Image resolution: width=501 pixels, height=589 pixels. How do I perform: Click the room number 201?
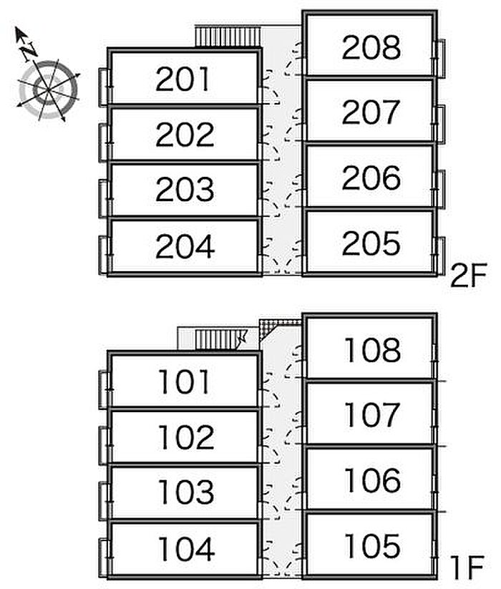(183, 79)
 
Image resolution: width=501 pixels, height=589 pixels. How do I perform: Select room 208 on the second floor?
(371, 47)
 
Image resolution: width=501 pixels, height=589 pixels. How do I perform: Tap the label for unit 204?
(185, 246)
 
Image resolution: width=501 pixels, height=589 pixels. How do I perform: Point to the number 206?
(371, 177)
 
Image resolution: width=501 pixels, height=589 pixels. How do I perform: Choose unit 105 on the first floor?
(371, 545)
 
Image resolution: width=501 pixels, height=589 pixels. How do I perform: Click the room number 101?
(184, 381)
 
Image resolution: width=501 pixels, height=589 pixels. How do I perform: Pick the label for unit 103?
(186, 492)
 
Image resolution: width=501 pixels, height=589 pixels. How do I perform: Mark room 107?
(371, 414)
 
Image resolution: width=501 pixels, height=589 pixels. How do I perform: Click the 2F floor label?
(468, 276)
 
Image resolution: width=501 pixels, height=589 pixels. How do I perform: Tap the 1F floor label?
(467, 568)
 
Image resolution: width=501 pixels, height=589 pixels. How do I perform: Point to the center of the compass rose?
(48, 90)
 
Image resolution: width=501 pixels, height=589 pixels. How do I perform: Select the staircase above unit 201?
(228, 36)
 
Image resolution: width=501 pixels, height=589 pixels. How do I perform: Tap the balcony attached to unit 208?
(439, 59)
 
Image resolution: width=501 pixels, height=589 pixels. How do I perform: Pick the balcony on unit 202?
(104, 143)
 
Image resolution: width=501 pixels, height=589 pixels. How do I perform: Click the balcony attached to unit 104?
(104, 558)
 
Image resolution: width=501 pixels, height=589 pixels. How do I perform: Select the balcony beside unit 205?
(439, 255)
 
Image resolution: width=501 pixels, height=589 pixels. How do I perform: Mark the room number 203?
(185, 189)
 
